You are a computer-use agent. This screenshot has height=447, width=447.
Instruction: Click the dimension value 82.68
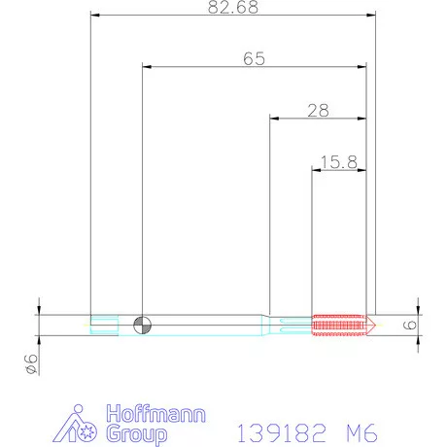[x=231, y=8]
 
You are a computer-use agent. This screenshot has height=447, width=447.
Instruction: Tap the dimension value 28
[x=317, y=110]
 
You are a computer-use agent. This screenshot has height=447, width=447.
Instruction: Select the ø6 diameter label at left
[x=29, y=363]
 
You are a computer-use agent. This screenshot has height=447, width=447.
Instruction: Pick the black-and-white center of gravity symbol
[x=142, y=325]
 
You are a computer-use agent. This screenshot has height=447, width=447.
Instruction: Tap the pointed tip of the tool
[x=376, y=325]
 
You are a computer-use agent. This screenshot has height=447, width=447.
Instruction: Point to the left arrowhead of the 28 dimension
[x=274, y=118]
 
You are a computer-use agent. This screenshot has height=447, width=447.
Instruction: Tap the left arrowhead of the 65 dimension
[x=147, y=66]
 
